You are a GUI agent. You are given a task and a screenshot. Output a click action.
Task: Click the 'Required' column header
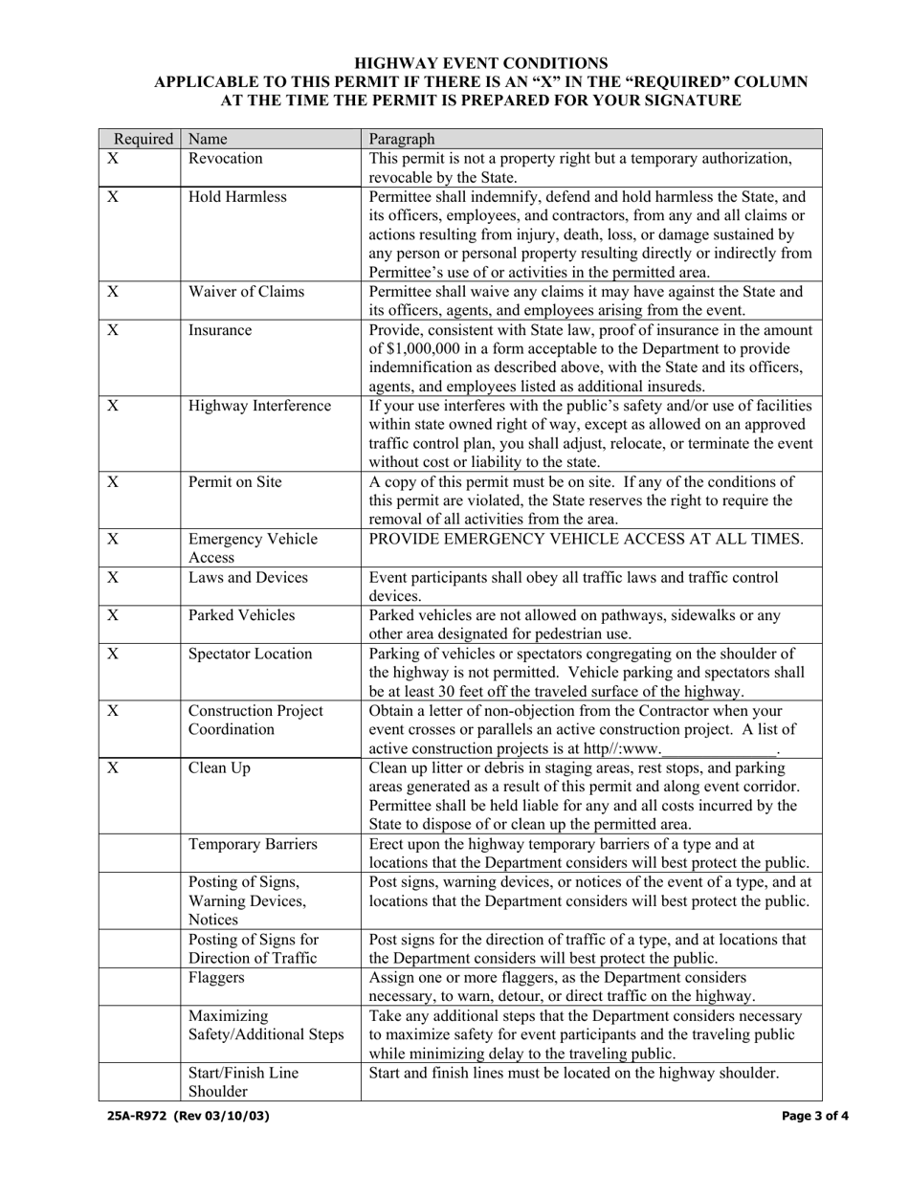[144, 139]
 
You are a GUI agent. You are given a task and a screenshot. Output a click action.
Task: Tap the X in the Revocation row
[112, 159]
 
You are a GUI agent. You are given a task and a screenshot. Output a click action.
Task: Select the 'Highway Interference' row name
[260, 406]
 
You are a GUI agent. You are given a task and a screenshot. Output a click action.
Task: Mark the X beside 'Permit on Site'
[112, 482]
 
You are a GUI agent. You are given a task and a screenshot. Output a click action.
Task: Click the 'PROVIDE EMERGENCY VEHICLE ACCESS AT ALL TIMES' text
[587, 539]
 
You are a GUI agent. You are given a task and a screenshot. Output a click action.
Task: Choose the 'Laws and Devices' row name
[248, 577]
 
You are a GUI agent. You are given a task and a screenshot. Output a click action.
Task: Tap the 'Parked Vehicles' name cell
[241, 615]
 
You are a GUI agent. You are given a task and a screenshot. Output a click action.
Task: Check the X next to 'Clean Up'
[112, 767]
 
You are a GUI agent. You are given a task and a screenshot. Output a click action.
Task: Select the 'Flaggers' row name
[217, 977]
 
